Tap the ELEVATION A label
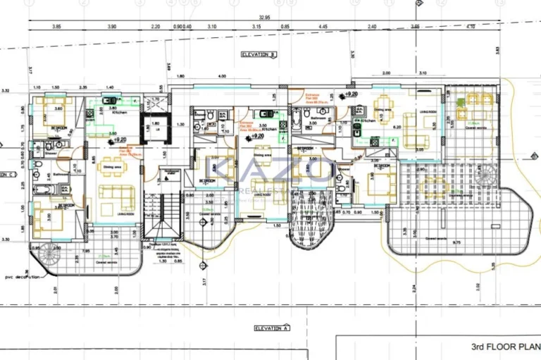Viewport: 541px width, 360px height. [x=271, y=328]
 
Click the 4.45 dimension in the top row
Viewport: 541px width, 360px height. [x=323, y=26]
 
